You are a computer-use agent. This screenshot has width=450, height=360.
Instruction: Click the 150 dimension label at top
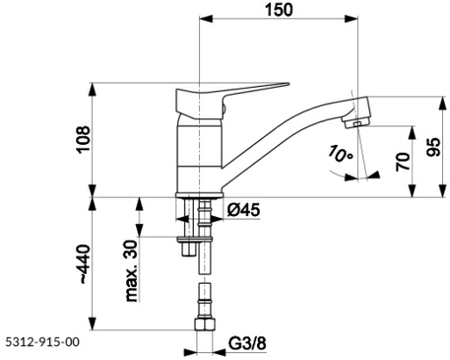(x=278, y=10)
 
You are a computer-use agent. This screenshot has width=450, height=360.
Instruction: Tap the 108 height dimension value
(x=83, y=139)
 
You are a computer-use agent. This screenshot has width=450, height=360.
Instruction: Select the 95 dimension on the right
(x=433, y=147)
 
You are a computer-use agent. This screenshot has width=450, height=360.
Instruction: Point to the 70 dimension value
(x=402, y=162)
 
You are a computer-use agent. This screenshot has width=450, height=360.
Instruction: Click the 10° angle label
(x=340, y=154)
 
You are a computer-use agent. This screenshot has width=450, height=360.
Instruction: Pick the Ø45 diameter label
(x=244, y=210)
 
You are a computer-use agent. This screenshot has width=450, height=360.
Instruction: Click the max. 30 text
(x=132, y=270)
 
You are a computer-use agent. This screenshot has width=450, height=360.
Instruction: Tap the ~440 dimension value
(x=84, y=263)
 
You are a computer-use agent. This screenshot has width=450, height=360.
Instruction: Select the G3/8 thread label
(x=247, y=343)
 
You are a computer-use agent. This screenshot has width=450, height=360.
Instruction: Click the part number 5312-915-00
(x=42, y=342)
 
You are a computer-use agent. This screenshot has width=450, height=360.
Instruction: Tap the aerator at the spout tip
(x=356, y=122)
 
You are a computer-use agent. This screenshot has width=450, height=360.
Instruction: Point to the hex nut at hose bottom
(x=204, y=325)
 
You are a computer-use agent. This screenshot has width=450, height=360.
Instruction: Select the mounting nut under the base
(x=188, y=240)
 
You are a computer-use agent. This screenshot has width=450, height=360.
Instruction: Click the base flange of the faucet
(x=199, y=195)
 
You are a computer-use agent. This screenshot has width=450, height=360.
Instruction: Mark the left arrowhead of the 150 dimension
(x=206, y=18)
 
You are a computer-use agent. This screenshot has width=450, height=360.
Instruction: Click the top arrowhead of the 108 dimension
(x=92, y=90)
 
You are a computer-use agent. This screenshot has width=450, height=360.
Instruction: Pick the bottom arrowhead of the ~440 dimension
(x=92, y=323)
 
